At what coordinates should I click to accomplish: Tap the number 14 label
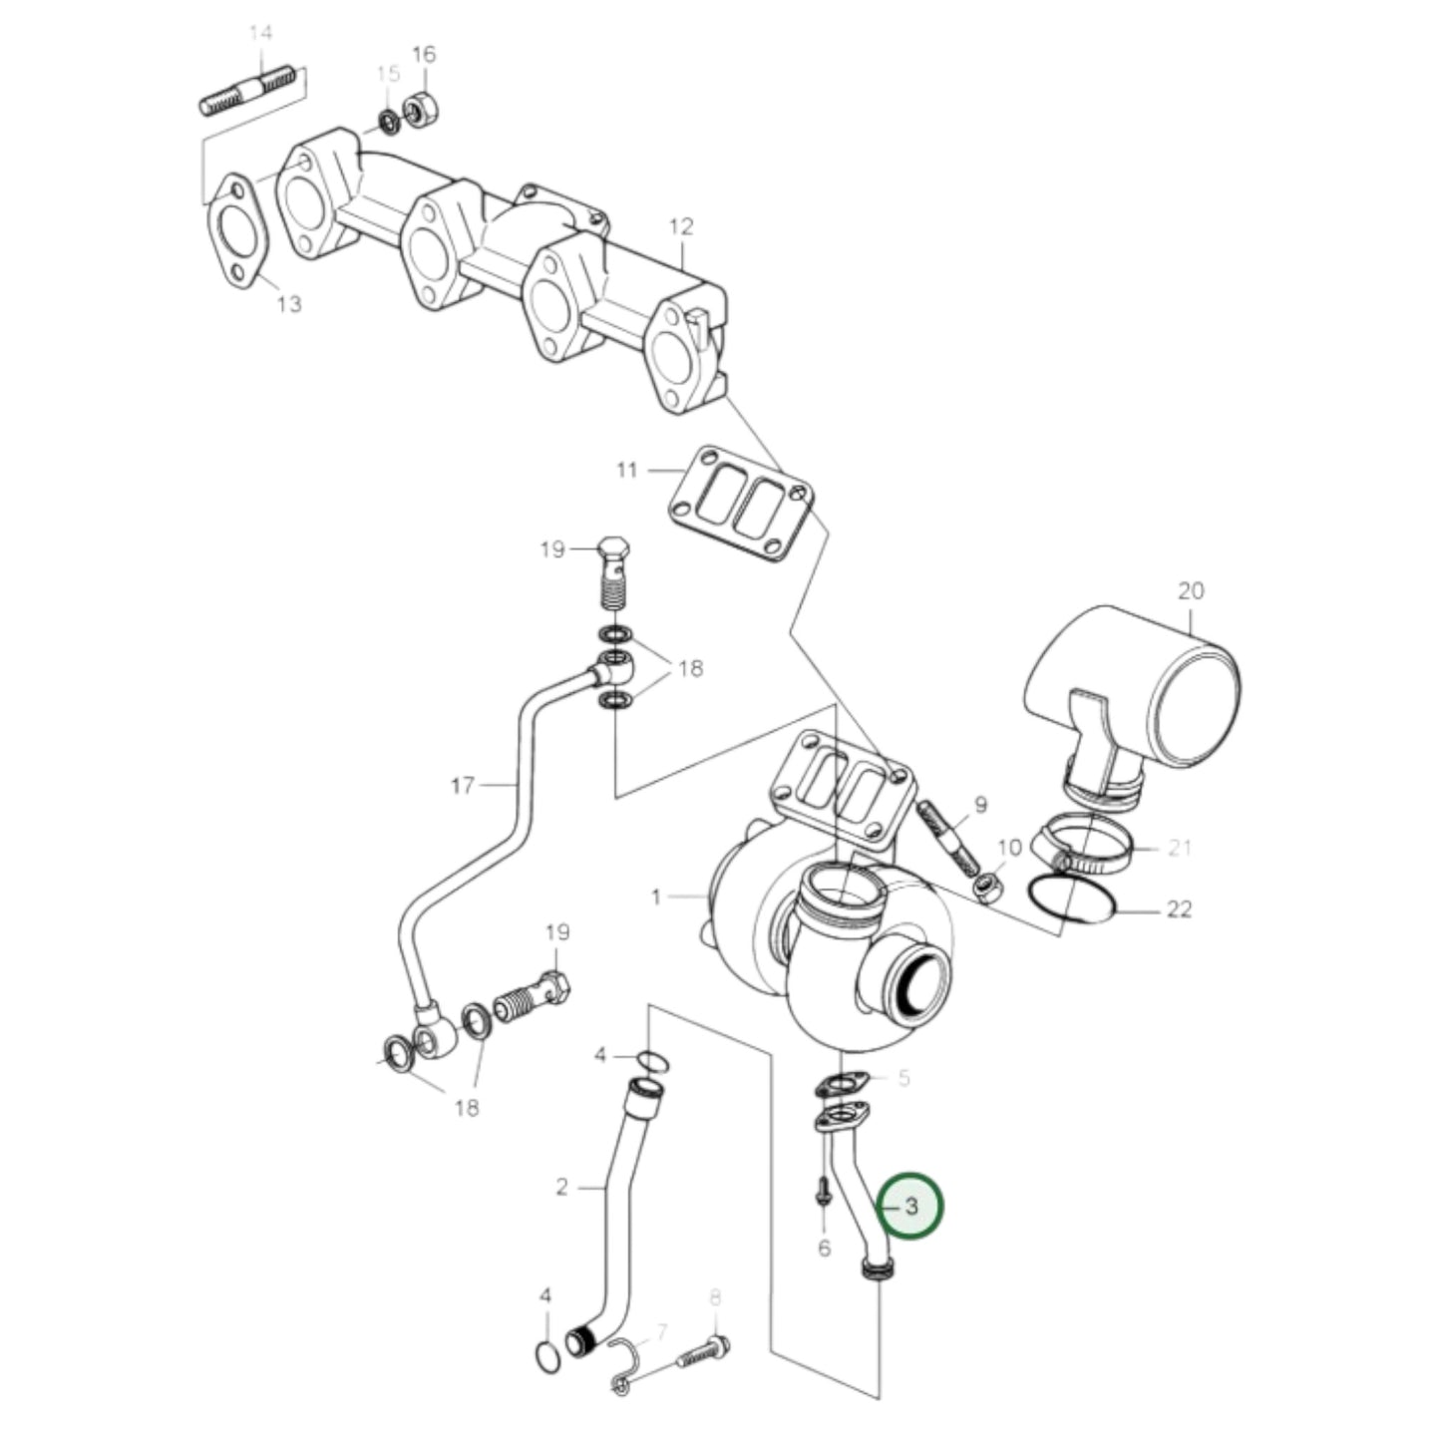click(260, 34)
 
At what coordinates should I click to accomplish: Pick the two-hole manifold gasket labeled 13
click(233, 231)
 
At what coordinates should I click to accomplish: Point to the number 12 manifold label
click(680, 227)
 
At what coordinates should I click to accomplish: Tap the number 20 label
click(1191, 590)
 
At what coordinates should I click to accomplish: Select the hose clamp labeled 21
click(1084, 846)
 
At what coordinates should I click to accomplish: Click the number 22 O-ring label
click(1179, 909)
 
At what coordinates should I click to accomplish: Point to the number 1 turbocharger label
click(656, 898)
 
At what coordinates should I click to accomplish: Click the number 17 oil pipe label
click(462, 786)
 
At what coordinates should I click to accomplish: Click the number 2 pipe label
click(561, 1187)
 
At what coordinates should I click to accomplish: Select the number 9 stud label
click(979, 804)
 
